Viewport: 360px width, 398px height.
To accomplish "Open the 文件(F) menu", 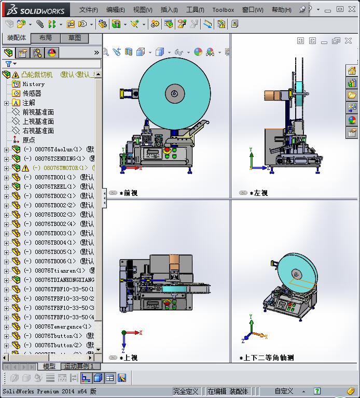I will click(x=89, y=9).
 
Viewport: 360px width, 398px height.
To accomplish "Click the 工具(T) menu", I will click(x=195, y=9).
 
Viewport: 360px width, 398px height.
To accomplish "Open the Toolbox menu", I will click(x=223, y=9).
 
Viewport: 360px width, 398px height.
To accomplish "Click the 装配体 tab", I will click(x=16, y=38).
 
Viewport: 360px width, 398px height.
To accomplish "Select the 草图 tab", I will click(x=75, y=38).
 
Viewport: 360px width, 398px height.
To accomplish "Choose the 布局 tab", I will click(x=46, y=38).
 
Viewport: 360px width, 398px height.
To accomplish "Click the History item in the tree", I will click(x=33, y=84).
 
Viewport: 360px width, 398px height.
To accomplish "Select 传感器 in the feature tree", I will click(x=32, y=93).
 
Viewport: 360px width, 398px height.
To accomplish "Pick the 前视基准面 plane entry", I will click(x=38, y=112).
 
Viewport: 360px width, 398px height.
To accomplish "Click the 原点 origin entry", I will click(x=29, y=140).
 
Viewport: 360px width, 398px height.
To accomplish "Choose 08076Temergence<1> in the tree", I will click(x=63, y=326).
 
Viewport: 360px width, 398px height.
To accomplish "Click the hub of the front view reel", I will click(x=174, y=94).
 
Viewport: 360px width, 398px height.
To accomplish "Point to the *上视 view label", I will click(x=128, y=358).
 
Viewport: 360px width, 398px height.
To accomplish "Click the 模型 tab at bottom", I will click(x=49, y=366).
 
